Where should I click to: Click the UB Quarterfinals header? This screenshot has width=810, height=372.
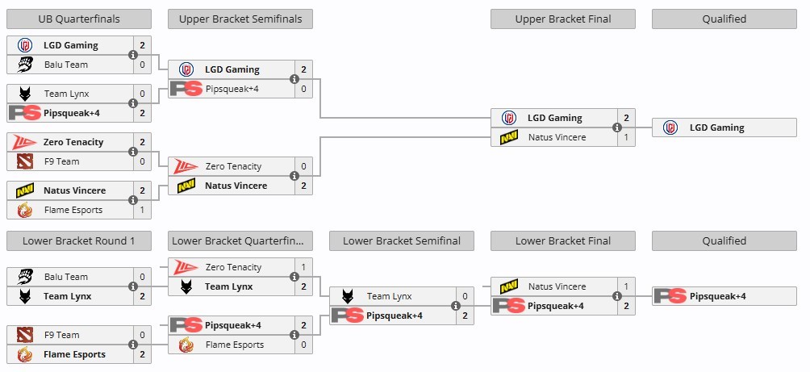[79, 19]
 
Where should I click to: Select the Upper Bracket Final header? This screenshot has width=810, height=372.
[563, 19]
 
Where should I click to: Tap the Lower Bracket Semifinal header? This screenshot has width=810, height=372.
[402, 240]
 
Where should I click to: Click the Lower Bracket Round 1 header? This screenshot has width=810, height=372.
[79, 240]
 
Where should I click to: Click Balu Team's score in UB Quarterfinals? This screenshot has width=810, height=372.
[142, 65]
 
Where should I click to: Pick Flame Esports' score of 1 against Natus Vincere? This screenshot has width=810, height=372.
[142, 210]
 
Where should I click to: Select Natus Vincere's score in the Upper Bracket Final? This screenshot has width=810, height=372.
[626, 137]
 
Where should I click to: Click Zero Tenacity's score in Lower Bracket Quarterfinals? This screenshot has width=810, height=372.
[303, 267]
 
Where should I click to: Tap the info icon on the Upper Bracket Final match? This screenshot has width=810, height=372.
[617, 127]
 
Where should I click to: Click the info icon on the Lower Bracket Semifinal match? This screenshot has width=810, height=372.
[456, 306]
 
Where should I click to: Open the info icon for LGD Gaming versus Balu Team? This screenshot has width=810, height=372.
[133, 55]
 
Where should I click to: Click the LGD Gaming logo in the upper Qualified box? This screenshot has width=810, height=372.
[670, 127]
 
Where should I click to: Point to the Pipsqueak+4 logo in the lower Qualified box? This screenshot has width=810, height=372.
[670, 296]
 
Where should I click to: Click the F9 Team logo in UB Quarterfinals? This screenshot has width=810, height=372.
[24, 161]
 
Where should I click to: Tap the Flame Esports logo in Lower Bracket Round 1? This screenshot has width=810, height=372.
[24, 354]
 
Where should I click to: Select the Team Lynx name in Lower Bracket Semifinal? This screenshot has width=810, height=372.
[390, 296]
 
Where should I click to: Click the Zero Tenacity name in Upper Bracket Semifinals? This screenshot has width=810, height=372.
[233, 166]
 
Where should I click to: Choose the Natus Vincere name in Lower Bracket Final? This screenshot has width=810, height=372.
[557, 286]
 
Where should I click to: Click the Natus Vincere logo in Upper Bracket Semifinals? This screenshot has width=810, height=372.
[186, 186]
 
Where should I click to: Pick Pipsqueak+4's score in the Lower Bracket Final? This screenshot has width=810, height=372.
[626, 306]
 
